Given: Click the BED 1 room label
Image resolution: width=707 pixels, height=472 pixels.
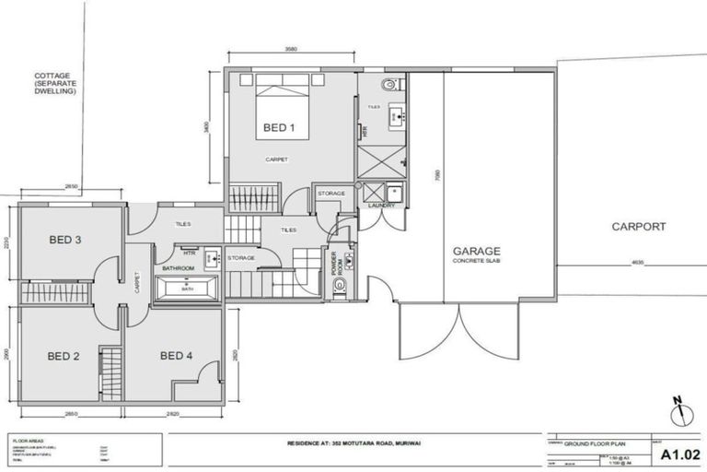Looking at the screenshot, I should coord(279,127).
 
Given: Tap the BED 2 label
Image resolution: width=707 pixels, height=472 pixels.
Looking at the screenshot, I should coord(64,356).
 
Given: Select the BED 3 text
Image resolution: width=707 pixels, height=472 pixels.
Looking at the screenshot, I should coord(65,240).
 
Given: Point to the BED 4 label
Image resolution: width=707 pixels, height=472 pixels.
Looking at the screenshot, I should coord(176,356).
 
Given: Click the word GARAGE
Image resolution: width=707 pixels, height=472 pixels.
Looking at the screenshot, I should coord(475,251).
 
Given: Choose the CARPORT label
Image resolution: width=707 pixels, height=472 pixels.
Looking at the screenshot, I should coord(638,226).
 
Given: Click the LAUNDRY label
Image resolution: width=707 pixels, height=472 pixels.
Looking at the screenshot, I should coord(381,206).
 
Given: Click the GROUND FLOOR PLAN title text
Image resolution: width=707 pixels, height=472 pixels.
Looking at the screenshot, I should coord(597,442).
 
